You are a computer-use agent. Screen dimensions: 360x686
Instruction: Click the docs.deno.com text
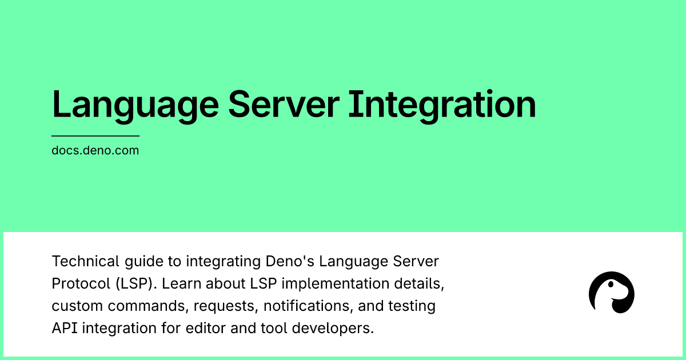pyautogui.click(x=95, y=151)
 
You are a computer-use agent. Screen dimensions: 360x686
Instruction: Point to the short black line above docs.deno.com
pyautogui.click(x=95, y=136)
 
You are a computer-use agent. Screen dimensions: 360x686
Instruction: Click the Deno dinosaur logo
pyautogui.click(x=611, y=293)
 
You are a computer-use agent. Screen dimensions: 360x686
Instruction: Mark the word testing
pyautogui.click(x=415, y=306)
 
